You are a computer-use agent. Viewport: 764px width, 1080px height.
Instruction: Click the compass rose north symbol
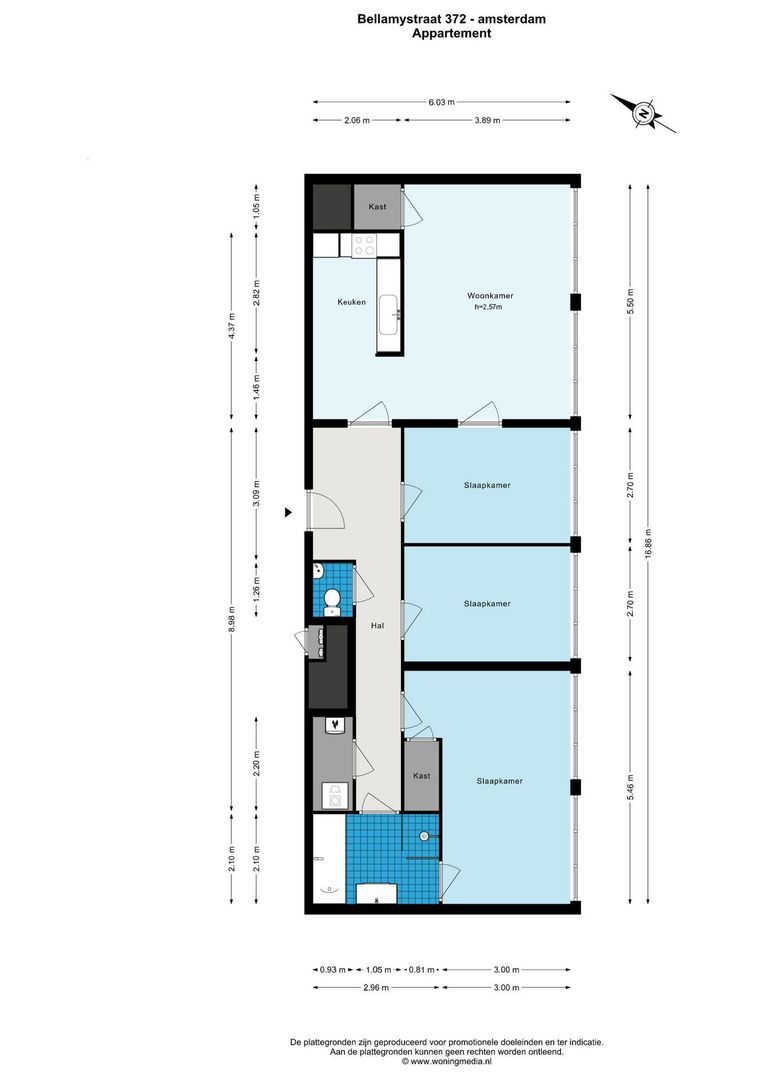643,113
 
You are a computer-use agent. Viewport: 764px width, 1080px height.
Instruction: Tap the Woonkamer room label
490,296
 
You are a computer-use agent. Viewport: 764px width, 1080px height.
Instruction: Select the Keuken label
351,302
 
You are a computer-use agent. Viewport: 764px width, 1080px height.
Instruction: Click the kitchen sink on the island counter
390,317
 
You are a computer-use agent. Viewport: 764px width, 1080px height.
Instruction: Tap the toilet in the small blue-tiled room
333,599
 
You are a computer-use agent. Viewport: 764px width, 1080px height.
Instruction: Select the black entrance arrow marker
289,513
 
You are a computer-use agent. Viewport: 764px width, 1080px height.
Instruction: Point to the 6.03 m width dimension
442,102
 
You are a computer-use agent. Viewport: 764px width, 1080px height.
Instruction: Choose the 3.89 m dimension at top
486,120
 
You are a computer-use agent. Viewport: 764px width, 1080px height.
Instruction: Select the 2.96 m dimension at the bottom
357,987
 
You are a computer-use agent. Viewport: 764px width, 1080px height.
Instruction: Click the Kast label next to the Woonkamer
377,207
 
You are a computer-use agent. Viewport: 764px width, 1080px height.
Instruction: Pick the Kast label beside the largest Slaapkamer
422,776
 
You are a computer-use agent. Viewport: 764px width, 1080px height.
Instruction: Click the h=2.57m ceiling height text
488,308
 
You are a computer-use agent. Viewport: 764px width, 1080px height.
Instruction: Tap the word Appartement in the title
451,33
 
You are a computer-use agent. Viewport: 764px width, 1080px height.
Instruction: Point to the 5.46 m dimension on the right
630,781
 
